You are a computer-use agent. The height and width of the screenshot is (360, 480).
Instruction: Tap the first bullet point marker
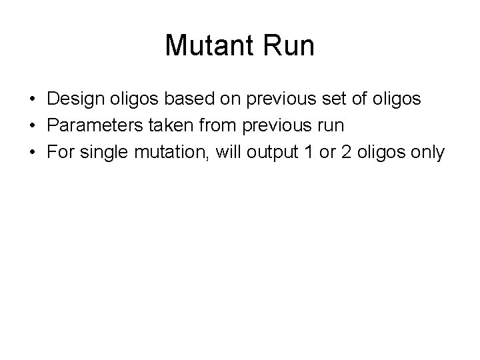tap(33, 100)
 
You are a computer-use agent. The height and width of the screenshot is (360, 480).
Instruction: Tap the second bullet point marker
tap(33, 127)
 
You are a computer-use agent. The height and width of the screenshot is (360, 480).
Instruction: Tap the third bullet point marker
tap(33, 153)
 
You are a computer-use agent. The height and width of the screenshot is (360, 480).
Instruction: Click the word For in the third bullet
tap(59, 153)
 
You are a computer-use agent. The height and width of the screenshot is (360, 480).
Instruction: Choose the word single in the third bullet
tap(100, 153)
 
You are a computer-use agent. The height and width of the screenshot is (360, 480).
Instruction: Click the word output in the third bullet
tap(264, 153)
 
